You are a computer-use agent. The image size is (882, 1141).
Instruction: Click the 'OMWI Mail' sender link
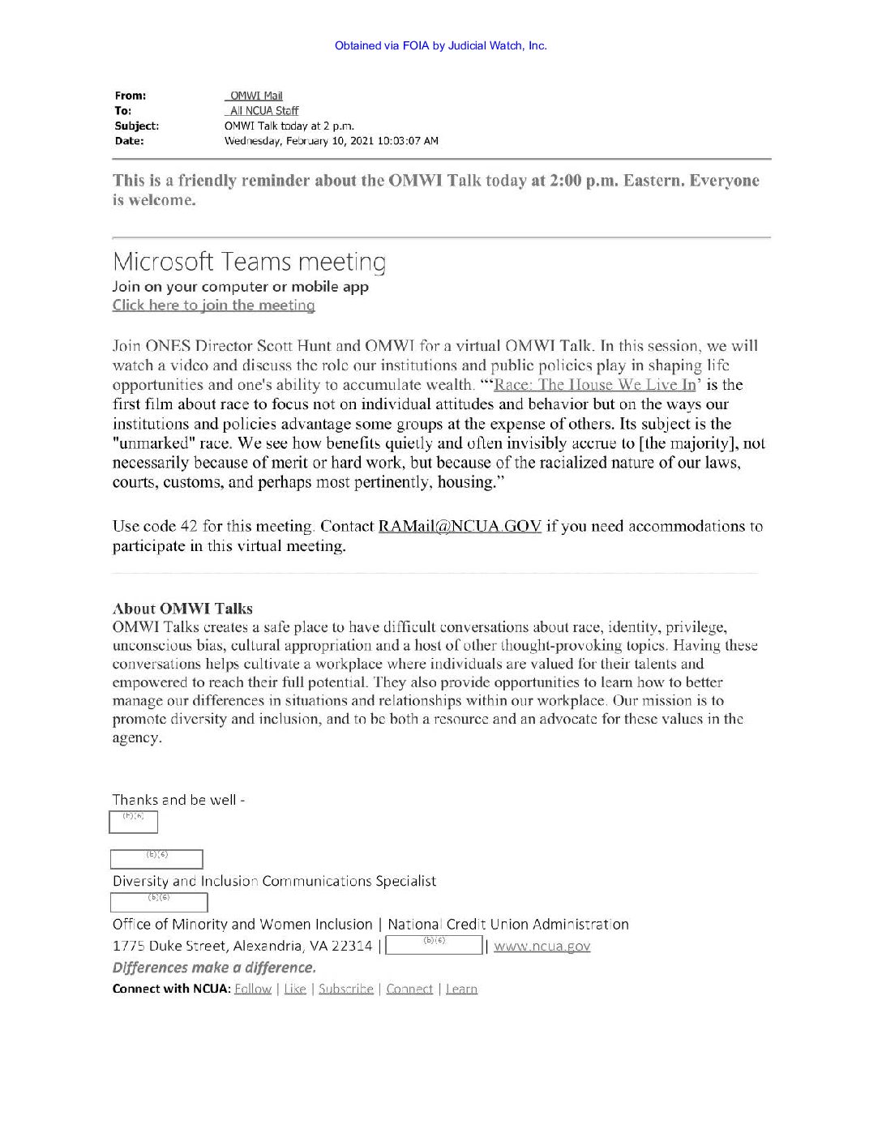click(x=255, y=96)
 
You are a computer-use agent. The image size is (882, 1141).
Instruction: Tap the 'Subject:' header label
click(x=136, y=126)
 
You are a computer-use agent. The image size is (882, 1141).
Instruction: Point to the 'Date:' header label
click(x=129, y=141)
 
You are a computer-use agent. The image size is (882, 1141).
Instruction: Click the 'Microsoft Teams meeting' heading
click(x=249, y=262)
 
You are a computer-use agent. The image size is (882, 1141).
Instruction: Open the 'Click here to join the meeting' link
click(x=213, y=306)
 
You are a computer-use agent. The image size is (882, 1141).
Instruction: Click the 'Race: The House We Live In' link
click(x=594, y=385)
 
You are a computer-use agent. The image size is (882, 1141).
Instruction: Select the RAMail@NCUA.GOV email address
click(x=460, y=527)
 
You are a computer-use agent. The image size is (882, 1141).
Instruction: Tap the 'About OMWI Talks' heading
click(x=182, y=609)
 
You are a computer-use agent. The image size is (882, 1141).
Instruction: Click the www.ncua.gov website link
click(x=542, y=946)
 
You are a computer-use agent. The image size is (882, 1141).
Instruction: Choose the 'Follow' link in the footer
click(x=252, y=989)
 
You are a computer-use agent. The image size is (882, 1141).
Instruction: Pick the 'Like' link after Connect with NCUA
click(x=295, y=989)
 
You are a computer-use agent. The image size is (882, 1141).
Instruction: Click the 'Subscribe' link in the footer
click(x=345, y=989)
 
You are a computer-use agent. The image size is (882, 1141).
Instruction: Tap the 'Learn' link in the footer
click(x=461, y=989)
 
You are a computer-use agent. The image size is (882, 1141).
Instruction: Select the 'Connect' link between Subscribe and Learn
click(x=409, y=989)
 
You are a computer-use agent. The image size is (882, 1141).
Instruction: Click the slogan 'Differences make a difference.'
click(x=214, y=968)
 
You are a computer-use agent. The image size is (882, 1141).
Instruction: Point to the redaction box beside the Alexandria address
click(x=435, y=945)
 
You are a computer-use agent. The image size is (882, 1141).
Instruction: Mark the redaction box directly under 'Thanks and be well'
click(x=133, y=822)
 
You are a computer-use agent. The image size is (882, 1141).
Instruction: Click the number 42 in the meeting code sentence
click(x=188, y=527)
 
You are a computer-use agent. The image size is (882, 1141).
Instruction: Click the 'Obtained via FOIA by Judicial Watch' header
click(x=440, y=45)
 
